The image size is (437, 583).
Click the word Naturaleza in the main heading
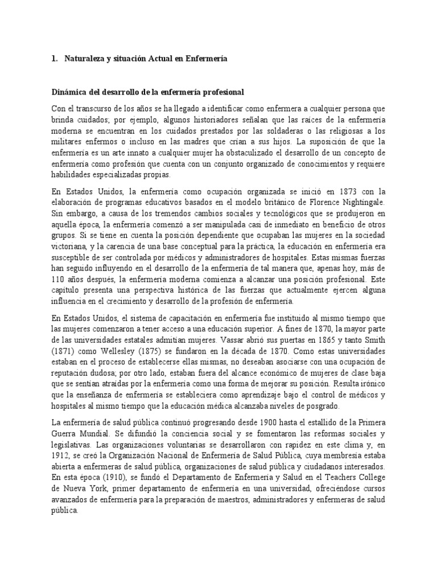[x=85, y=60]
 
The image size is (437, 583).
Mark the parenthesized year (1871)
[x=62, y=342]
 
